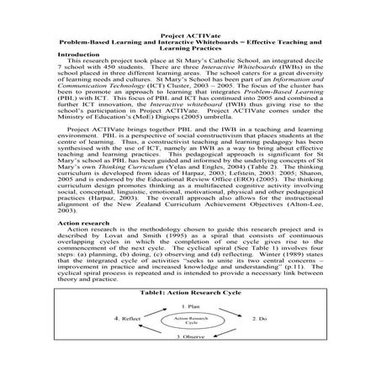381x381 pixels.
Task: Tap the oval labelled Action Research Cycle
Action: click(191, 344)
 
